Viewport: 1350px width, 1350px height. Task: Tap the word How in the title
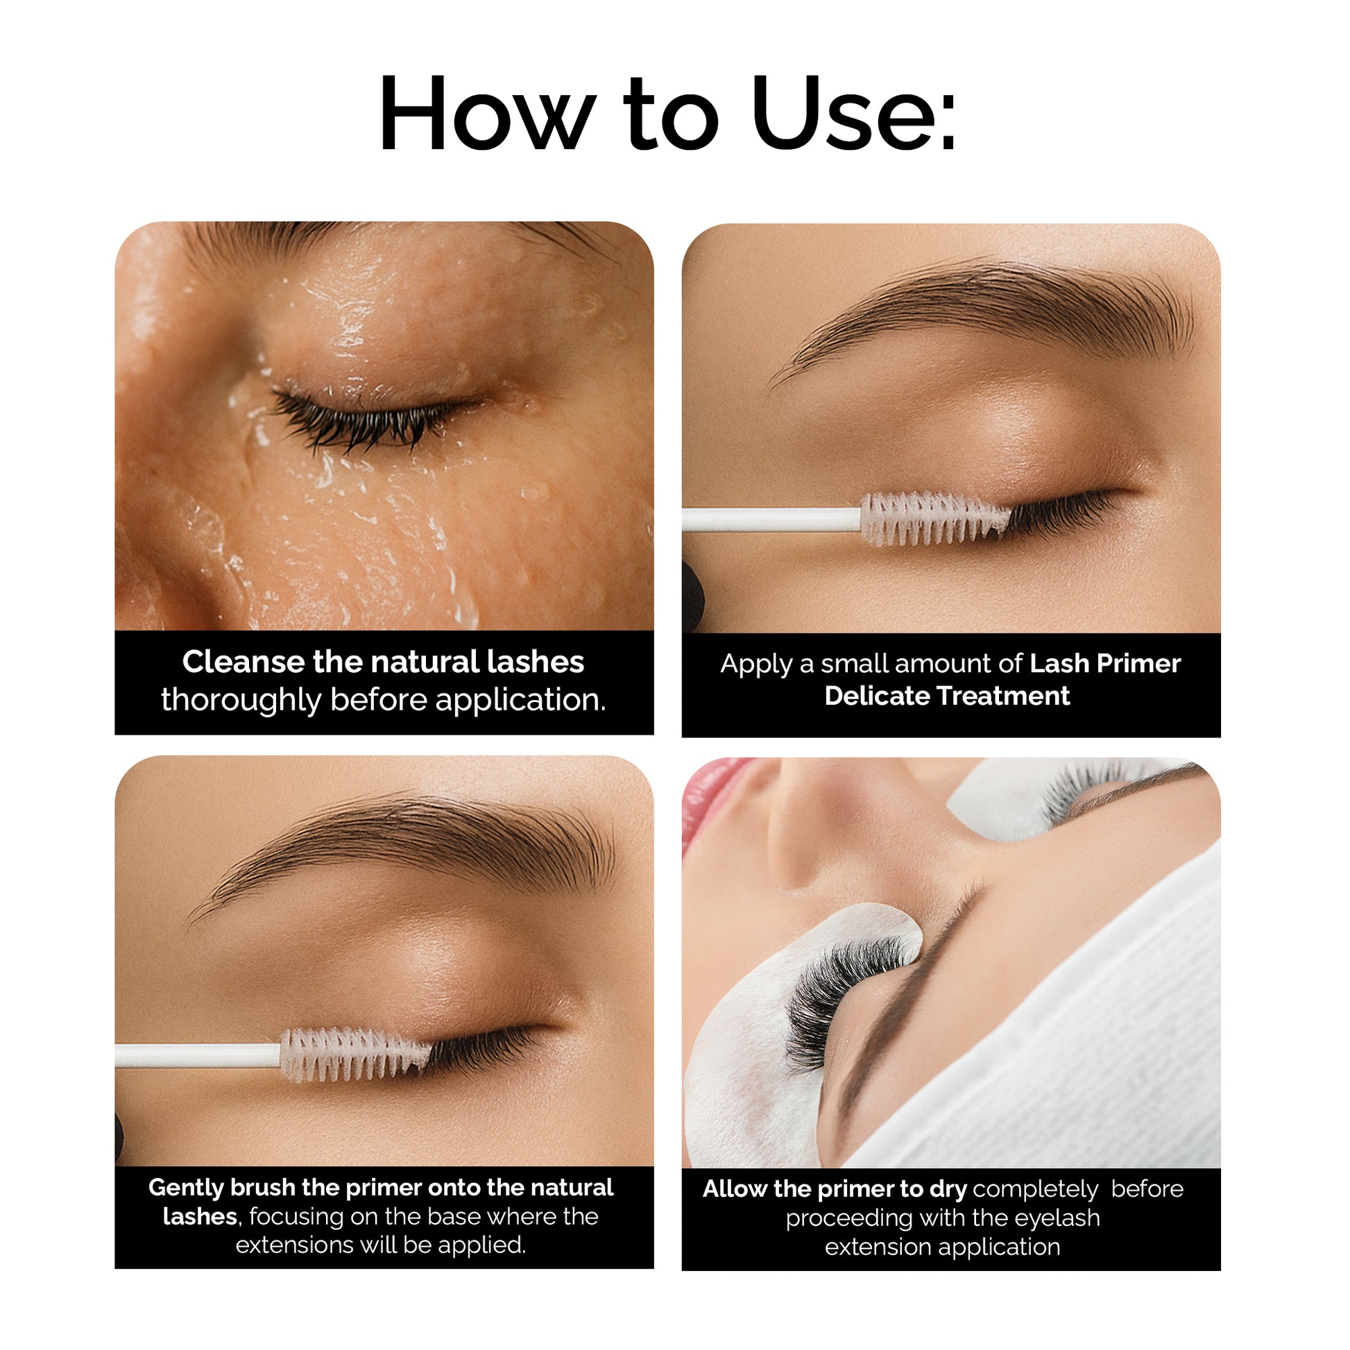(x=487, y=113)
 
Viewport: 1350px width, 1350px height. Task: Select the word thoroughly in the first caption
(x=240, y=700)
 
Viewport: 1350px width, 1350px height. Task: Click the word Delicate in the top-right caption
(x=876, y=696)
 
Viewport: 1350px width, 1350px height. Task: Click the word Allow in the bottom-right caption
(x=735, y=1188)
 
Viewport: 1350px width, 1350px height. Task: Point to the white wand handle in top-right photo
(x=771, y=520)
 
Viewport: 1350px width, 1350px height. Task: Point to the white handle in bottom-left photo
(x=198, y=1055)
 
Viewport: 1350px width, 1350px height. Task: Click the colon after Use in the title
(x=948, y=121)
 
